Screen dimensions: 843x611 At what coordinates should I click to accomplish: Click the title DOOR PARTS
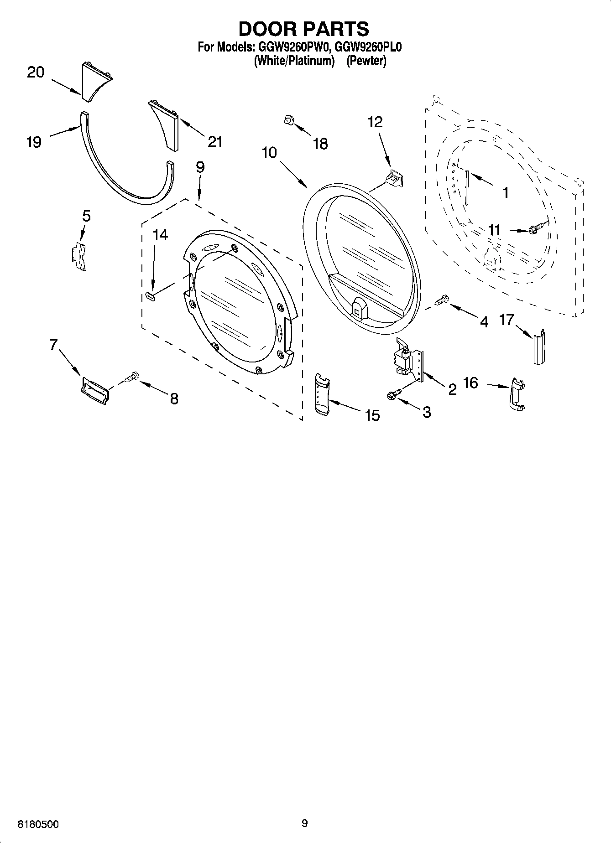tap(303, 29)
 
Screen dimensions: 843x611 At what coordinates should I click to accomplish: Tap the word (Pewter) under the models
tap(366, 61)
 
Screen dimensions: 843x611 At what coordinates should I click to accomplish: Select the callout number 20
tap(36, 72)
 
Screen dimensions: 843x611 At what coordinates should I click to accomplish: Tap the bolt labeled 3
tap(394, 393)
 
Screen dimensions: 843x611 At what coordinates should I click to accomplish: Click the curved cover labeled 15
tap(322, 394)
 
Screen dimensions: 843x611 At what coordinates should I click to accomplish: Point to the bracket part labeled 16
tap(517, 394)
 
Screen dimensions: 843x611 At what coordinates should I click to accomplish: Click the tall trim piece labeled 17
tap(539, 346)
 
